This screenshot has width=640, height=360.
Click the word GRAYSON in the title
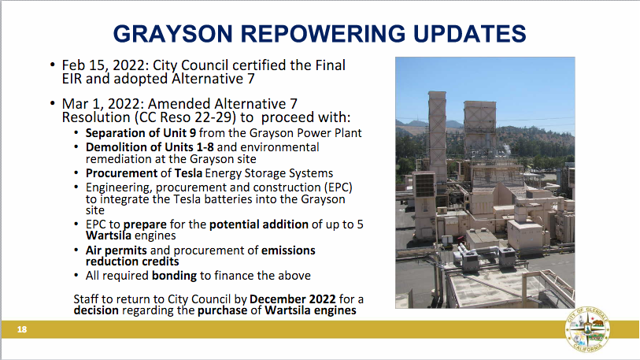172,34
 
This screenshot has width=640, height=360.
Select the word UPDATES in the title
470,34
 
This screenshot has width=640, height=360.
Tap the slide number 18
22,329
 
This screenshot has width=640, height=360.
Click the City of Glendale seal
587,329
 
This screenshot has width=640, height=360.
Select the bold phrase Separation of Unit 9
141,133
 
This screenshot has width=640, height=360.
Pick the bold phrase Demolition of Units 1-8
150,147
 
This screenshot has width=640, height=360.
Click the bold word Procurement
122,173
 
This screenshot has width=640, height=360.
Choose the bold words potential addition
259,225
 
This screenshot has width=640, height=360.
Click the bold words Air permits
117,251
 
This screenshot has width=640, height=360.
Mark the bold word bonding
174,276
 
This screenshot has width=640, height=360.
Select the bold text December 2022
293,299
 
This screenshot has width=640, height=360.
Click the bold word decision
96,310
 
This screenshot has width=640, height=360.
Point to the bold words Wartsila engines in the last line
311,310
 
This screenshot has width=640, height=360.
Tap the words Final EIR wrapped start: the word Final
330,65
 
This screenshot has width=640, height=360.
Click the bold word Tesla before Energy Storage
189,173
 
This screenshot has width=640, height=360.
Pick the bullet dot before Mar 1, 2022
52,103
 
